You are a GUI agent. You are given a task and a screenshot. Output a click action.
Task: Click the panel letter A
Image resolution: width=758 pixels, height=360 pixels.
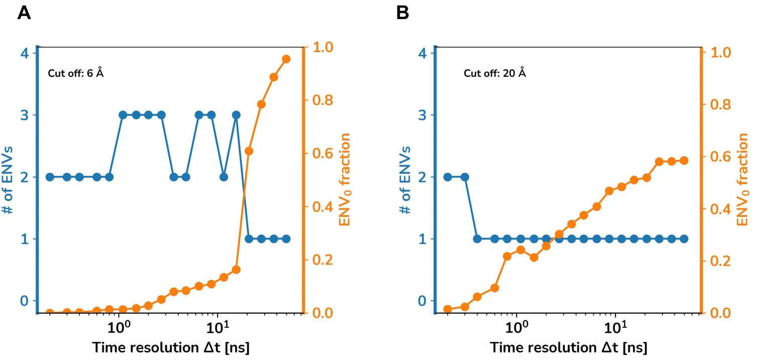(25, 13)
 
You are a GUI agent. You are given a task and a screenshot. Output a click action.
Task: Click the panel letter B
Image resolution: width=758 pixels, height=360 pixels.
(403, 13)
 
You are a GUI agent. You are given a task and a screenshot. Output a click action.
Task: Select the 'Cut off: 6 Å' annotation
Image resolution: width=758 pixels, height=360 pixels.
(76, 73)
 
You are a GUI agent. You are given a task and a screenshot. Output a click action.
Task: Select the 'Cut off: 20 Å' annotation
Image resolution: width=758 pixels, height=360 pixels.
(495, 73)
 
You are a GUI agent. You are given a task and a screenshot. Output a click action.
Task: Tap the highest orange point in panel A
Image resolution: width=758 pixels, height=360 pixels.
(286, 59)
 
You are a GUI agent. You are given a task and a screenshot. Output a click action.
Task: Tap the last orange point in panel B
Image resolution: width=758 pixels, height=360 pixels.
(684, 160)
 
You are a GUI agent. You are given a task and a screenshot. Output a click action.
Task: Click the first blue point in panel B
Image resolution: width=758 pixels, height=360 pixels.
(448, 177)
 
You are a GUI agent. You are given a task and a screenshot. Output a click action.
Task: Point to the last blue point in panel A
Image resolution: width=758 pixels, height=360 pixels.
(286, 238)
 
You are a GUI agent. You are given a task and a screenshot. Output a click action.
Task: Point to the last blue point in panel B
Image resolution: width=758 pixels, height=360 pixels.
(684, 238)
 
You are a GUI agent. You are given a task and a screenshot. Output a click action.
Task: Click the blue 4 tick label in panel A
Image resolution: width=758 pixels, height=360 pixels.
(24, 53)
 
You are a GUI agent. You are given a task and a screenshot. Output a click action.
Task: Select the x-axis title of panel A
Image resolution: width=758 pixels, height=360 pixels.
(170, 347)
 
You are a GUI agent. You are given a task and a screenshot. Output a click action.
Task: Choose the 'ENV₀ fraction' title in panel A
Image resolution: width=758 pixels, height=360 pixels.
(344, 180)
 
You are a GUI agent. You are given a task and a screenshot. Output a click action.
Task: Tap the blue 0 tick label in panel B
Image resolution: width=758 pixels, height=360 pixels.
(422, 301)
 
